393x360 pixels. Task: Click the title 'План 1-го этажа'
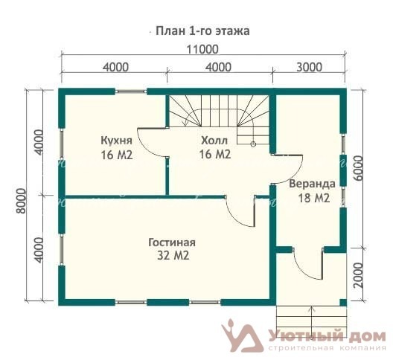[202, 31]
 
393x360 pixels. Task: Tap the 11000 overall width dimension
[202, 49]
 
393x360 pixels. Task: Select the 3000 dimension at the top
[309, 67]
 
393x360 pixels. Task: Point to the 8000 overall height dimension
[22, 201]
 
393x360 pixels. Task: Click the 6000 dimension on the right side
[359, 168]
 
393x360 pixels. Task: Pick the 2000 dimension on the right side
[359, 275]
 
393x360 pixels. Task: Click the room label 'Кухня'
[116, 141]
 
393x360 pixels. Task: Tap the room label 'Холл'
[214, 141]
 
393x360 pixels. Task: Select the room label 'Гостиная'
[172, 242]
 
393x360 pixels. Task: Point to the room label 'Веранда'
[313, 184]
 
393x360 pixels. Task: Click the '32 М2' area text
[173, 256]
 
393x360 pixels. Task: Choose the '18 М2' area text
[313, 198]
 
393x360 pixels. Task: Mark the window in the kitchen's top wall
[131, 91]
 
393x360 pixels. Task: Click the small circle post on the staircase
[253, 144]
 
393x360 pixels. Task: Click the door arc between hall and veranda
[295, 176]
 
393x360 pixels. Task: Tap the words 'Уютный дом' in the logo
[327, 337]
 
